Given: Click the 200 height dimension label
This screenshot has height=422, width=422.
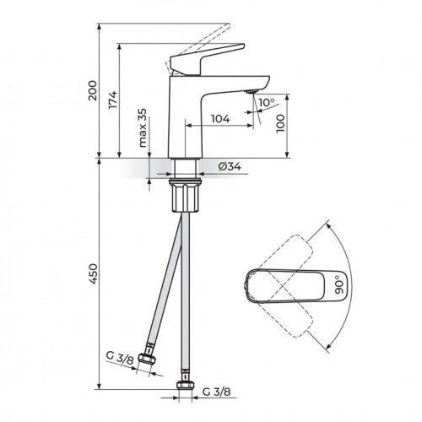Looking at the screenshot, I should (x=95, y=89).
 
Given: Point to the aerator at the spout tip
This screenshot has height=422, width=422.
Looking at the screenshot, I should (x=251, y=90).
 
